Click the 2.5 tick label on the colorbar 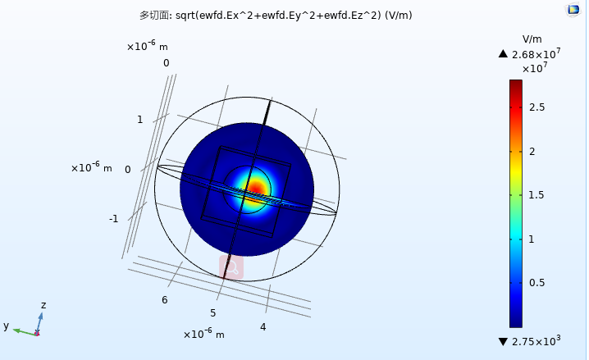[536, 107]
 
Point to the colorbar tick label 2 [532, 152]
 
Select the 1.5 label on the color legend [536, 195]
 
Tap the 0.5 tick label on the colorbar [536, 283]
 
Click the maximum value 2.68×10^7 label [536, 53]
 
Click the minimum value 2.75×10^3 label [536, 341]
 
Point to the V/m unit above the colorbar [532, 39]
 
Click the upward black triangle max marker [503, 54]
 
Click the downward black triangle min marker [503, 342]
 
